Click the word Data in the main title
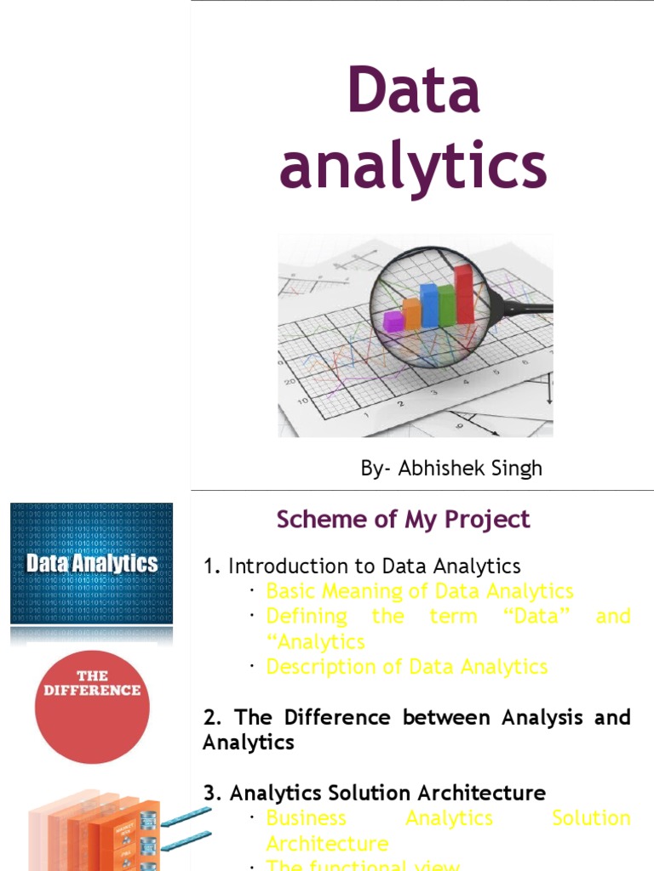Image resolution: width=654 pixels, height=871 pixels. pos(414,91)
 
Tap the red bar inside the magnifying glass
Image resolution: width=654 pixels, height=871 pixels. pos(464,293)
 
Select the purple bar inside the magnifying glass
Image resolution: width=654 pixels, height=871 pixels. pos(393,321)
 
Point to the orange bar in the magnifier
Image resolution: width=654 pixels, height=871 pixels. pos(411,313)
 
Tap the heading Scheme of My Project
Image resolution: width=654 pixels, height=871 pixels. pos(403,519)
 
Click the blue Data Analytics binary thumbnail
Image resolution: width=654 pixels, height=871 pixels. pos(91,563)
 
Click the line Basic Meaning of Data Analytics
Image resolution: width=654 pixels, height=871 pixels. pos(420,590)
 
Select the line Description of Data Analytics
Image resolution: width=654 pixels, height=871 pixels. pos(407,666)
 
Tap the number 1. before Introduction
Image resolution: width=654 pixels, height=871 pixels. pos(212,566)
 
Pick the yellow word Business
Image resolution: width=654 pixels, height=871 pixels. pos(295,817)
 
